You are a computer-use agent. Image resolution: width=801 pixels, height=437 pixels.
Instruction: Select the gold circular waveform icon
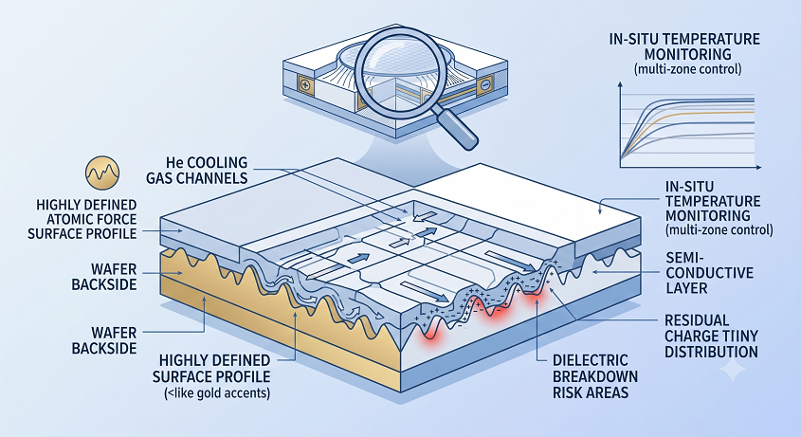[102, 173]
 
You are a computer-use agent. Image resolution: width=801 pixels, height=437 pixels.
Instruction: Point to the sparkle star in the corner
[732, 370]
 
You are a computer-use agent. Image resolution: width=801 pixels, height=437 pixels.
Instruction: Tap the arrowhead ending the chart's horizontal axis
[758, 167]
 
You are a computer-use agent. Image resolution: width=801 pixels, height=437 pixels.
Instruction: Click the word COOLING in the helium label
[214, 162]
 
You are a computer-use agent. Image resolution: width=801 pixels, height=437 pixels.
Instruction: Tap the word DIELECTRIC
[590, 360]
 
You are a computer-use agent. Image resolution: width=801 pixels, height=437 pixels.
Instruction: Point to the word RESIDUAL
[697, 320]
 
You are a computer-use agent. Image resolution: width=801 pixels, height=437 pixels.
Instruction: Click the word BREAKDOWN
[595, 376]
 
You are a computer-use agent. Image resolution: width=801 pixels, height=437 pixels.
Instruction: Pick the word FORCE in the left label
[123, 219]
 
